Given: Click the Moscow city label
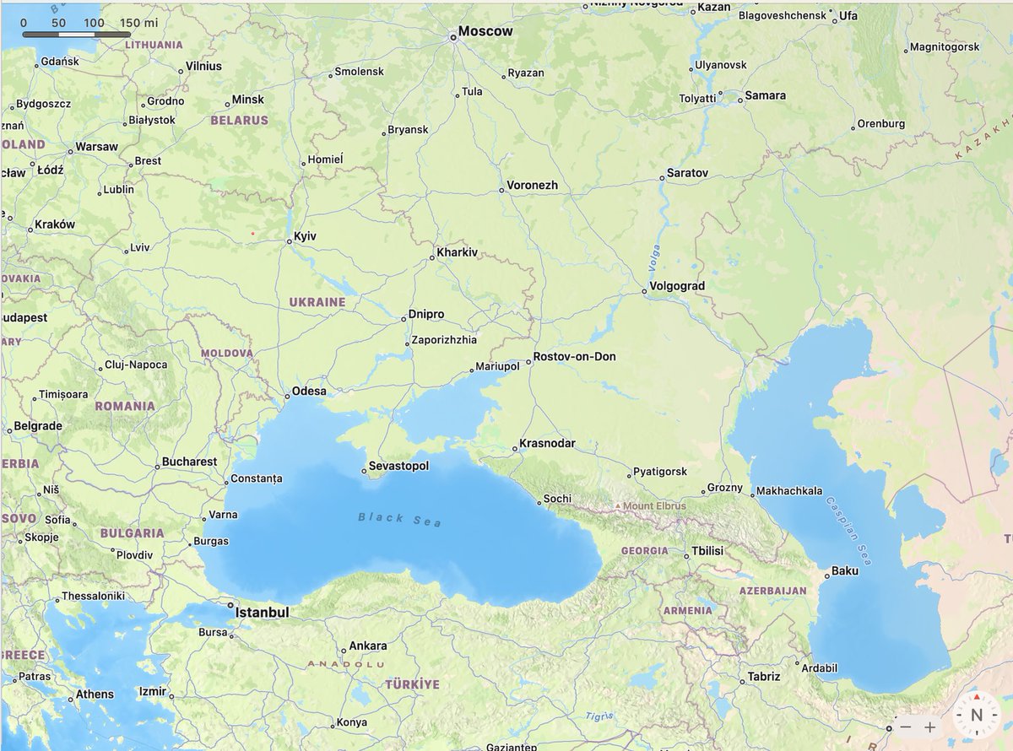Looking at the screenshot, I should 485,31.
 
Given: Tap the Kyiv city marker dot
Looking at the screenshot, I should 289,241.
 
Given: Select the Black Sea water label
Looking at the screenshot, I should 399,519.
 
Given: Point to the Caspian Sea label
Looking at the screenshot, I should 848,530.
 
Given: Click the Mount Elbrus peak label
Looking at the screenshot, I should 655,506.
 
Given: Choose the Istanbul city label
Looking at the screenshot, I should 262,612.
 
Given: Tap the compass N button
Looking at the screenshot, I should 977,715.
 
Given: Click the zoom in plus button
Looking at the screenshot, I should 929,727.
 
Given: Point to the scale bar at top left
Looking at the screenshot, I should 76,35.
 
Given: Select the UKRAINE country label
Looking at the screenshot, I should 317,302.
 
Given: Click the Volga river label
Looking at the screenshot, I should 654,257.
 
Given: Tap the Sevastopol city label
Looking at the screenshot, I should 398,467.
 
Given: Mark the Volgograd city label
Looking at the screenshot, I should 677,286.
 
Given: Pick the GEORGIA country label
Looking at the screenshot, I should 644,551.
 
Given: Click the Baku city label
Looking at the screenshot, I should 844,570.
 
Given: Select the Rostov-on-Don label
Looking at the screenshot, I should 574,357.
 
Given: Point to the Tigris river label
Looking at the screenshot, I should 599,716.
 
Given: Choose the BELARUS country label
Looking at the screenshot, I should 239,121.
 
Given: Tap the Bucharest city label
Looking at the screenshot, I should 189,462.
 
